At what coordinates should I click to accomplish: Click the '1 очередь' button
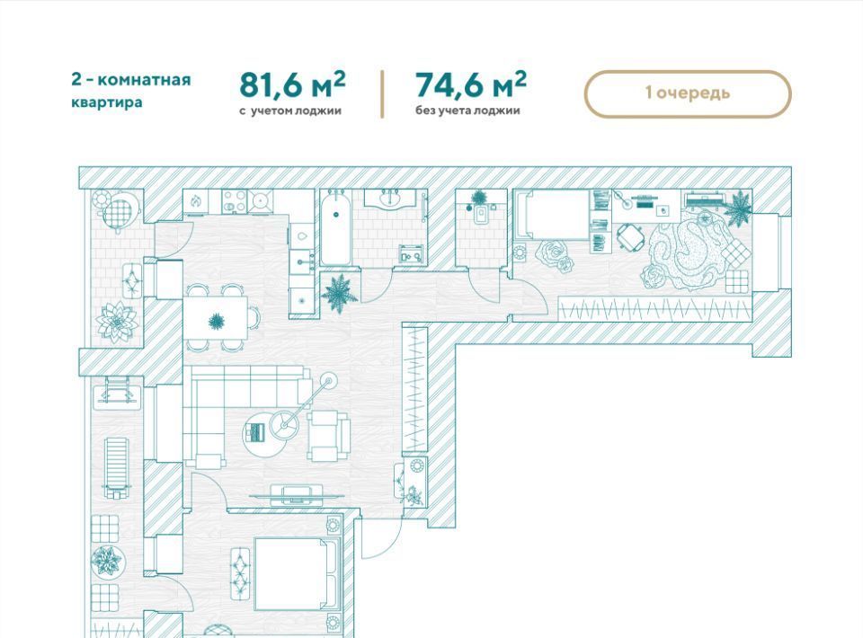point(688,93)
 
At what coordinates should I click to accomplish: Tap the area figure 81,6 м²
point(292,84)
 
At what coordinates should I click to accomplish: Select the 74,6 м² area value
point(470,84)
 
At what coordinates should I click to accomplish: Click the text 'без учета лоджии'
point(467,111)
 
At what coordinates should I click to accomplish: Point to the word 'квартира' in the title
point(107,102)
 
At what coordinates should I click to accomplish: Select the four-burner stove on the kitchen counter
point(247,201)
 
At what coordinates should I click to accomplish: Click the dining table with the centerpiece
point(217,320)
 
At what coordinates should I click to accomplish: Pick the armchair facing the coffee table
point(329,432)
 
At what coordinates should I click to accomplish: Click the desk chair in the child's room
point(630,237)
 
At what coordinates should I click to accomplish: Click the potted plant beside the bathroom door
point(340,293)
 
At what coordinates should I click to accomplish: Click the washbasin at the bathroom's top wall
point(393,200)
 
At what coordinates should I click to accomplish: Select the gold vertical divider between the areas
point(383,93)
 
